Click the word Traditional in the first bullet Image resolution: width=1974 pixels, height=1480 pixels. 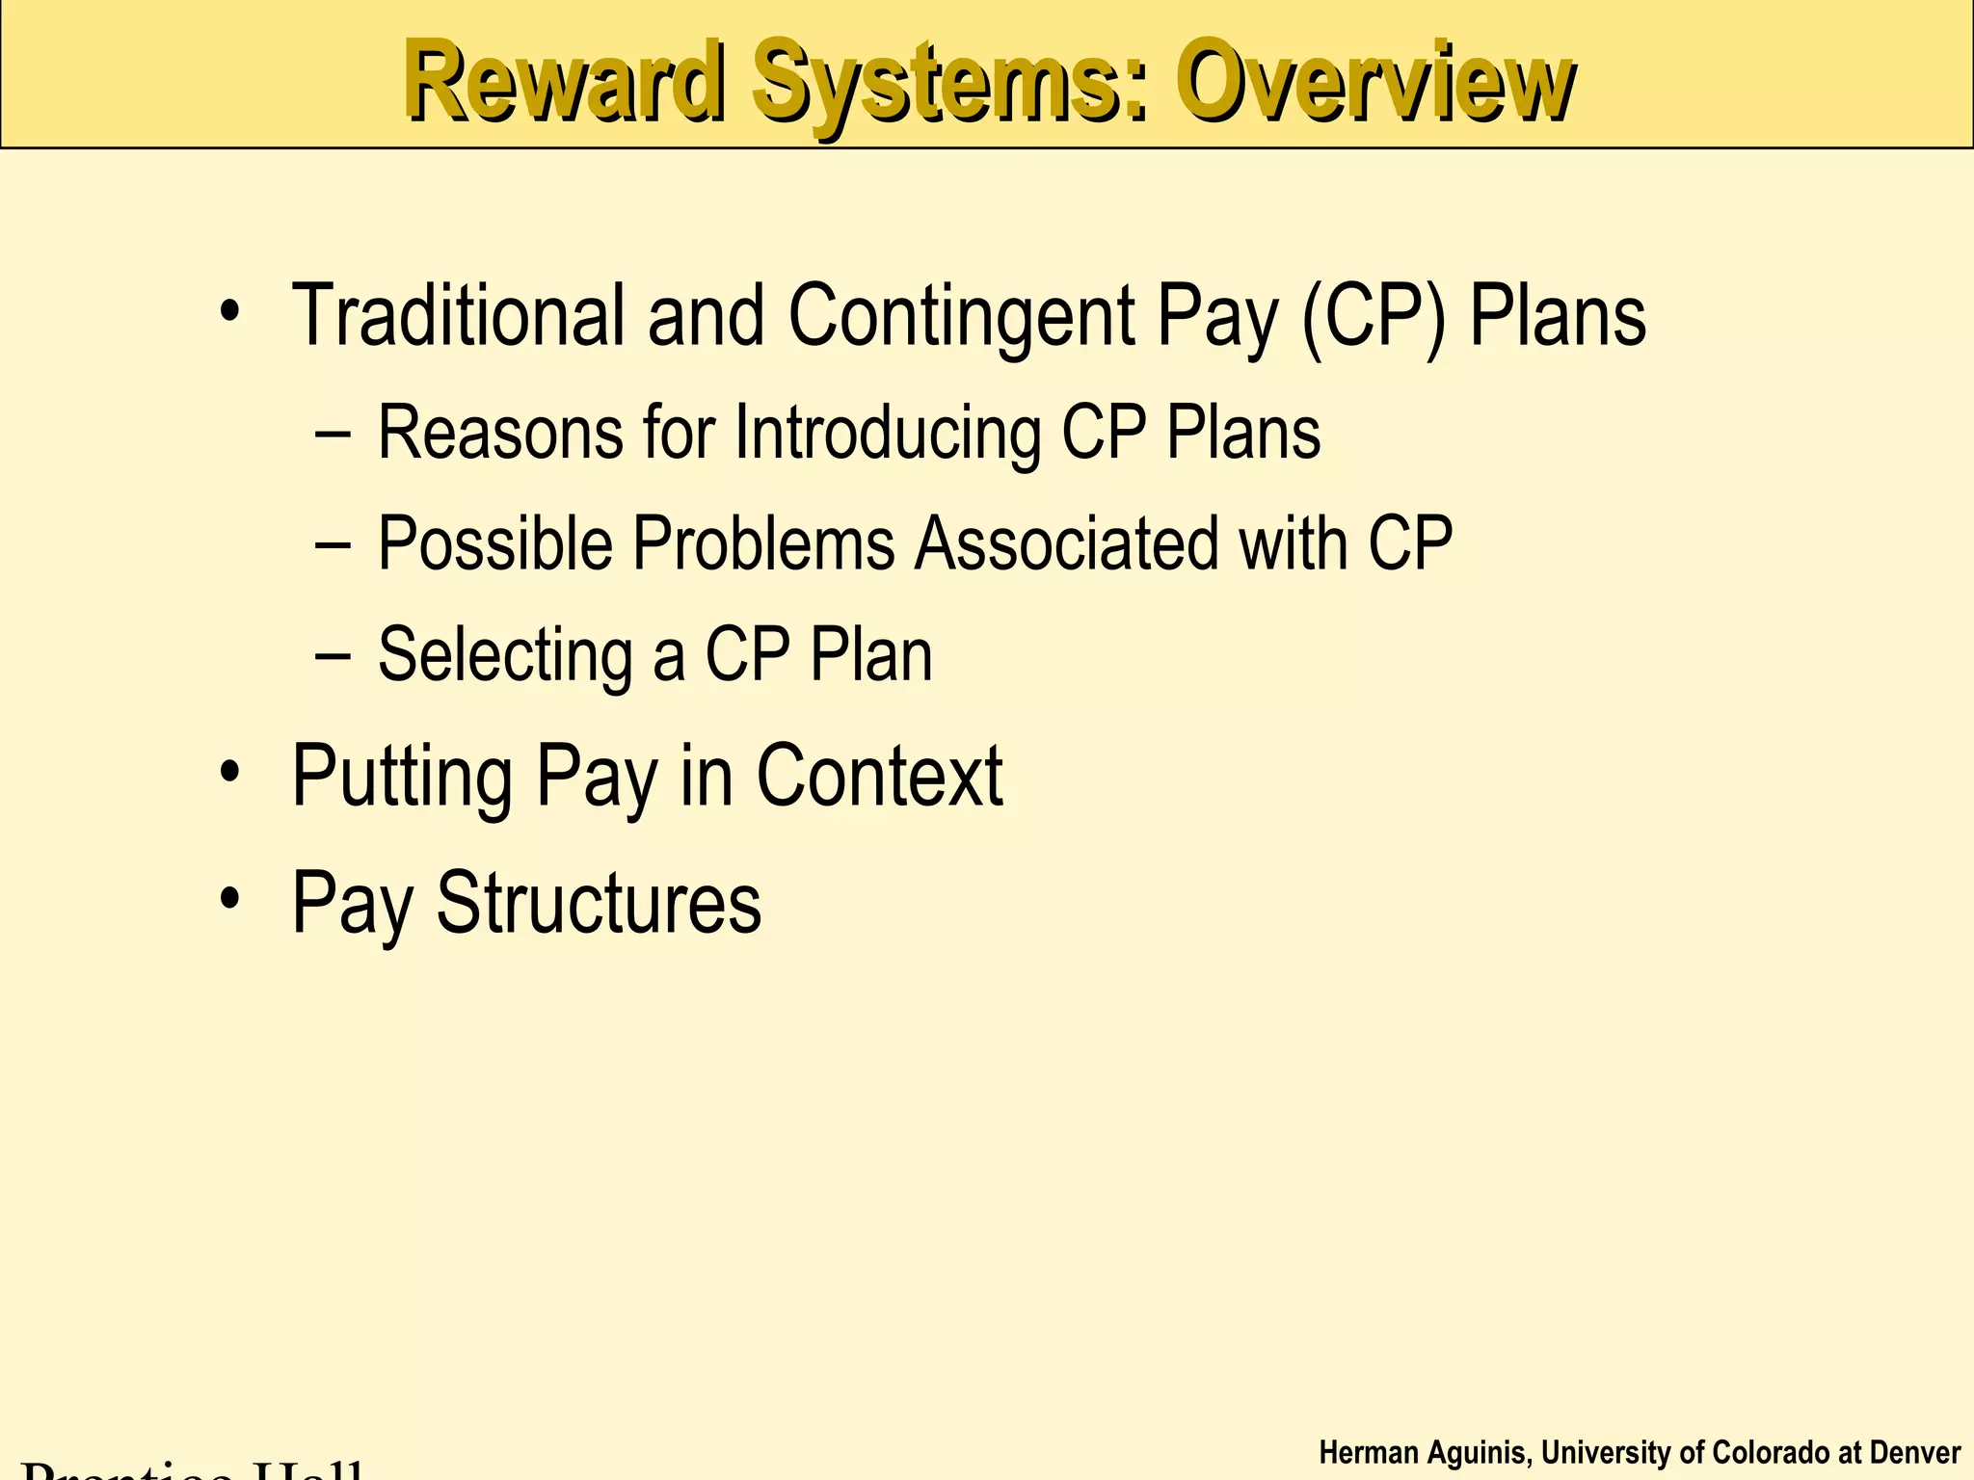(459, 316)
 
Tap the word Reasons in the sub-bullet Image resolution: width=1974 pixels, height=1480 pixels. (500, 433)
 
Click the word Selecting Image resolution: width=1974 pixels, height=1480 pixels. (503, 656)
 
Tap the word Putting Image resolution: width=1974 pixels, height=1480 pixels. (402, 778)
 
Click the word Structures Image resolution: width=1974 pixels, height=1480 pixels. (599, 903)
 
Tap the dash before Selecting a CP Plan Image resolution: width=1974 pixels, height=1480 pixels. (333, 656)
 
